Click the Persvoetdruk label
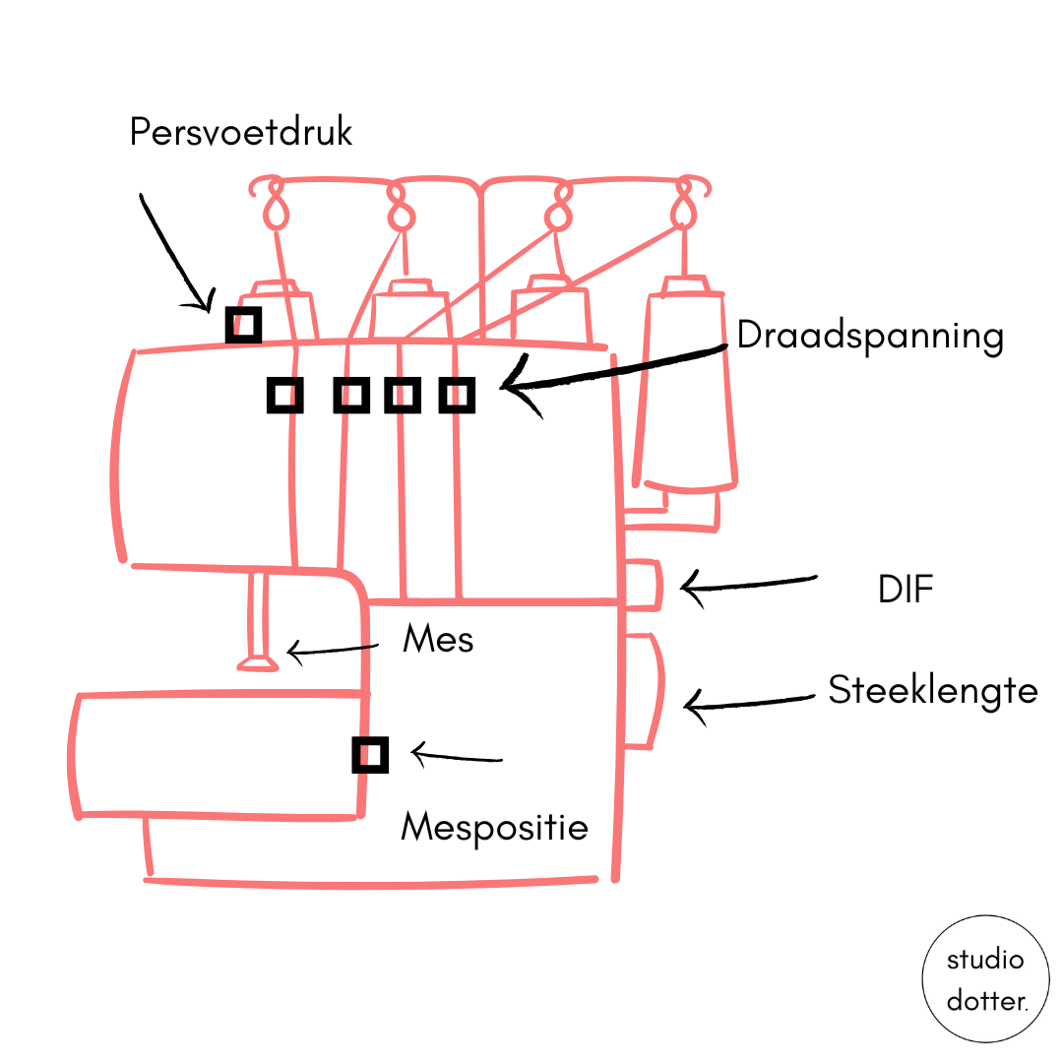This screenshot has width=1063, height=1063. point(240,132)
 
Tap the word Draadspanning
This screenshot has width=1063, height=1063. point(870,337)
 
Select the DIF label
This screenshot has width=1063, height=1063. point(906,590)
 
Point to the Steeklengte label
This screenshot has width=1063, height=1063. point(932,690)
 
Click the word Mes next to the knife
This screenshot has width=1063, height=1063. point(438,640)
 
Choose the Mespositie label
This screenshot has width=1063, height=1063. point(494,827)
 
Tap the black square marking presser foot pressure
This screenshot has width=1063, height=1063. point(243,324)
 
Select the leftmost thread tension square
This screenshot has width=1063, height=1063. point(284,395)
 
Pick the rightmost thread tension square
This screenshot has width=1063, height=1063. point(457,395)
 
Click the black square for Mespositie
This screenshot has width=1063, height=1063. point(370,755)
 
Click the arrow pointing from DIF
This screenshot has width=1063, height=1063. point(748,584)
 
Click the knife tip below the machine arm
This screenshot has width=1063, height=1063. point(258,665)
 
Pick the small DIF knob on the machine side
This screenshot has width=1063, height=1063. point(644,586)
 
